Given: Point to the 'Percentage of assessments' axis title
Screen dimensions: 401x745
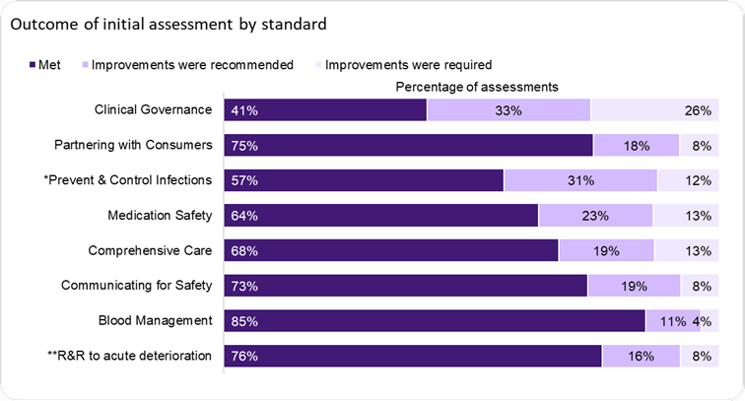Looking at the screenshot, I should click(x=477, y=87).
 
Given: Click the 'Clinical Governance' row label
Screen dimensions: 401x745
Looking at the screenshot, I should click(x=153, y=110).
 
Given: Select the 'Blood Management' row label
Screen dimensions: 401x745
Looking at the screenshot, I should click(x=156, y=320).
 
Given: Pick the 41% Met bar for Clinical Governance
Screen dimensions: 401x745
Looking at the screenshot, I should click(x=325, y=110).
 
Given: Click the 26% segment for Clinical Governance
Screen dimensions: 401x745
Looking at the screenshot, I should click(x=652, y=110).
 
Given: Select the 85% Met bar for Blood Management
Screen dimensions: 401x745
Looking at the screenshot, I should click(x=435, y=321).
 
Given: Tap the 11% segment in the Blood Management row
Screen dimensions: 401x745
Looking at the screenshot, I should click(x=672, y=321).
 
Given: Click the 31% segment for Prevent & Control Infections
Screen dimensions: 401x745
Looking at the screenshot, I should click(x=579, y=180).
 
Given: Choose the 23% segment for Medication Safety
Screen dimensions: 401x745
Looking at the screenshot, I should click(x=595, y=216).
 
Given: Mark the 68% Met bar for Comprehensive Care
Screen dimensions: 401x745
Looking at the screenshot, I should click(x=391, y=251).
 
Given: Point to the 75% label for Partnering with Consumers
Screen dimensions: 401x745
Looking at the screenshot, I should click(x=243, y=146).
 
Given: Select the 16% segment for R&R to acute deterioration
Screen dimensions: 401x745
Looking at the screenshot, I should click(x=641, y=357).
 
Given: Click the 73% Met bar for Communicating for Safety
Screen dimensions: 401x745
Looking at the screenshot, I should click(x=405, y=286).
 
